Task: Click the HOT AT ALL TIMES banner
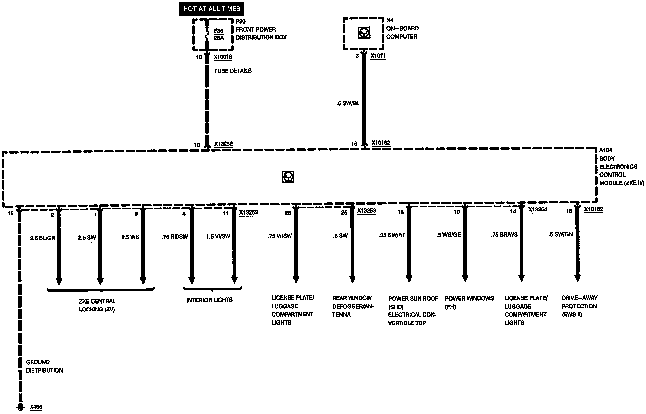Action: click(x=212, y=9)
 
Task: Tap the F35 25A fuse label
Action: click(x=219, y=34)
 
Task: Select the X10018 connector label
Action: click(x=223, y=57)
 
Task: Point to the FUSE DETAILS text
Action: click(x=233, y=71)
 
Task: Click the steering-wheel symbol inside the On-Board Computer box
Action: click(x=364, y=33)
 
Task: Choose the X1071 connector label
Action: click(x=378, y=56)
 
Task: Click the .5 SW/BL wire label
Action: click(x=347, y=103)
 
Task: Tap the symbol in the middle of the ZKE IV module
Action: click(x=288, y=177)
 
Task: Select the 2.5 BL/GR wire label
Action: click(x=42, y=238)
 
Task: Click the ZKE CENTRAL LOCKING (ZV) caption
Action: click(x=97, y=305)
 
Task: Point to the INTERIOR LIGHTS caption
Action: click(x=210, y=300)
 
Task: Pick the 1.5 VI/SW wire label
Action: click(x=218, y=236)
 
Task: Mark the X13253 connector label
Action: click(x=367, y=210)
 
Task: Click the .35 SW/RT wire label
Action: click(x=392, y=235)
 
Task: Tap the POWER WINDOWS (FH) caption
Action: click(x=469, y=302)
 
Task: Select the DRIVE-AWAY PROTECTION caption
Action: click(x=579, y=306)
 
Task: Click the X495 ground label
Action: click(x=36, y=407)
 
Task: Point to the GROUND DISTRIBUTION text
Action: click(x=44, y=366)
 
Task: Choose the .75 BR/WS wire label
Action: click(x=504, y=235)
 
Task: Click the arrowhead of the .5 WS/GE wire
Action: click(x=465, y=278)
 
